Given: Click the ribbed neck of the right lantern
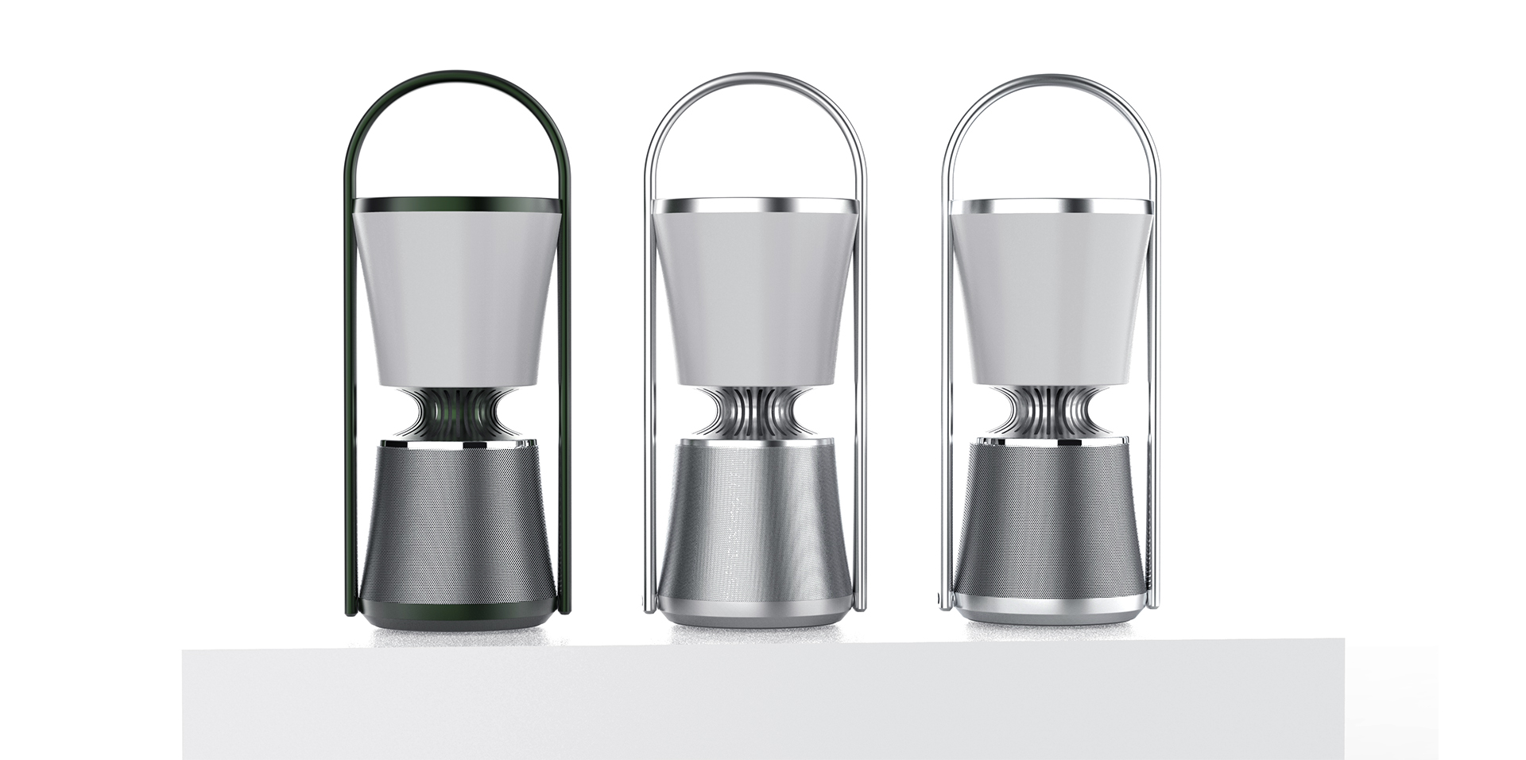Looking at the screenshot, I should point(1051,413).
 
